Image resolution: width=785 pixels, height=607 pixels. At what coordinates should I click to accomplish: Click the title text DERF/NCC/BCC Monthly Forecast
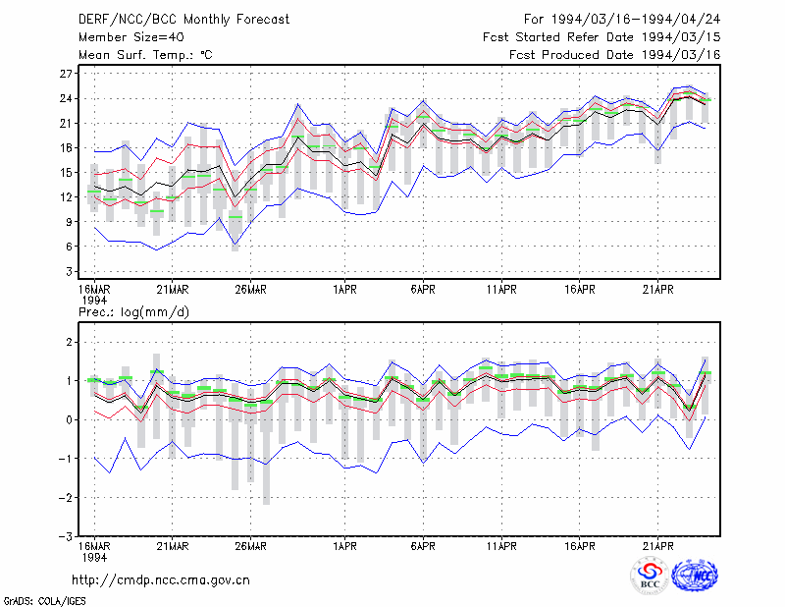pos(183,20)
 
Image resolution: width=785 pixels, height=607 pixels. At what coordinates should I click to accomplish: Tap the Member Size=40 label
pos(131,37)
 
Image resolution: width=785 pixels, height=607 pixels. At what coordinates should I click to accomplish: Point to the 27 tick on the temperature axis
pos(66,74)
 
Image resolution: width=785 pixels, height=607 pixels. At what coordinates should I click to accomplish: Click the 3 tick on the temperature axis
pos(69,271)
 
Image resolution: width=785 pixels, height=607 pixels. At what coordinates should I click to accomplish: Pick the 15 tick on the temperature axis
pos(66,173)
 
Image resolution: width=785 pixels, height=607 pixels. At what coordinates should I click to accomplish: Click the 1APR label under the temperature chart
pos(345,290)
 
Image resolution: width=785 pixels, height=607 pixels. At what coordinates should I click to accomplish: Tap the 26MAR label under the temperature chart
pos(251,290)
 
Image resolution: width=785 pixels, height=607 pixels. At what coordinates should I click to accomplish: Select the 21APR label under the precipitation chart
pos(657,546)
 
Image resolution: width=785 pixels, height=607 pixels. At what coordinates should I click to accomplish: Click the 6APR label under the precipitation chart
pos(423,546)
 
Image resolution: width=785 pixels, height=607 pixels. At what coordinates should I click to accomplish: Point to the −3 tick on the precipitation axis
pos(66,536)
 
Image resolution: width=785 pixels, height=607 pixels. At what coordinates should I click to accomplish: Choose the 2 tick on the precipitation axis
pos(69,343)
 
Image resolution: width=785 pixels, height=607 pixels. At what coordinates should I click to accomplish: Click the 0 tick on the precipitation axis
pos(69,420)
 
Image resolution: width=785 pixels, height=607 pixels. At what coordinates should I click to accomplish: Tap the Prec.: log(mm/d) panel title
pos(133,312)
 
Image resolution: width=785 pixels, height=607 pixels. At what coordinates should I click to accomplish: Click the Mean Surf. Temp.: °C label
pos(145,55)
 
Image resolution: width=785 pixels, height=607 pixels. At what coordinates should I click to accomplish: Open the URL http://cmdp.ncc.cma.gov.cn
pos(161,580)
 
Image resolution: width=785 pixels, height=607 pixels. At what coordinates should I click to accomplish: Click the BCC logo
pos(650,577)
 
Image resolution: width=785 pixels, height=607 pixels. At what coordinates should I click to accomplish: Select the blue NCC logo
pos(695,576)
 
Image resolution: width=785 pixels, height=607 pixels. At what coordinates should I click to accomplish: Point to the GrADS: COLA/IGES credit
pos(44,601)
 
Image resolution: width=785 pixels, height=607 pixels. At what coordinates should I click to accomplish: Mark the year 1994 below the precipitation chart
pos(94,557)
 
